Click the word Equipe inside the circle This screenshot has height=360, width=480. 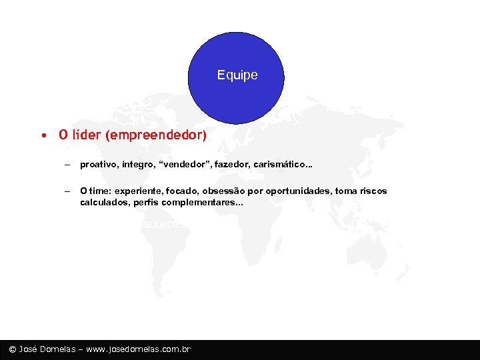[x=237, y=75]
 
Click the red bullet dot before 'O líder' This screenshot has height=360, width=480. [x=42, y=135]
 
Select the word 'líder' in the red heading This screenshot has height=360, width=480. [x=85, y=135]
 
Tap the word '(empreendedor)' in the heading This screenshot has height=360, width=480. [x=155, y=135]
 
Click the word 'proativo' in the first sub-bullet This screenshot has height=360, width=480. [x=97, y=164]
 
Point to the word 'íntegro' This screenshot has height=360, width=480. [x=135, y=164]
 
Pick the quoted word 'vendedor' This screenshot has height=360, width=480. [x=179, y=164]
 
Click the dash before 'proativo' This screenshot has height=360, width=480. [x=67, y=164]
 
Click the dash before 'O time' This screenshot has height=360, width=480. [x=67, y=191]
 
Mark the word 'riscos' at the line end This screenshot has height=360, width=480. [x=373, y=191]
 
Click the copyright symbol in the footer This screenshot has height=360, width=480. [x=13, y=349]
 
